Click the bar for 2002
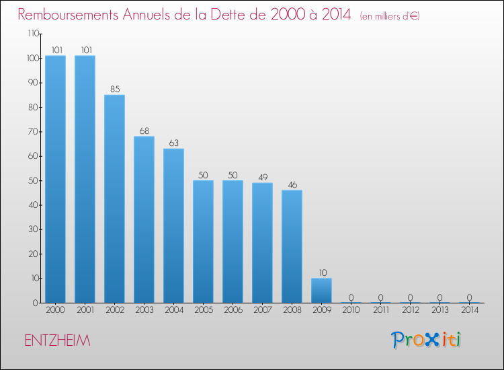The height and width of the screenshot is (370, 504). tap(114, 198)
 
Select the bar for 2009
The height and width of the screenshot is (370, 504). tap(321, 291)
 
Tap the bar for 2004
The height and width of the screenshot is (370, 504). tap(173, 225)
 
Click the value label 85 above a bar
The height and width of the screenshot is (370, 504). tap(114, 88)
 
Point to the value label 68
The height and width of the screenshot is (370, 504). tap(144, 130)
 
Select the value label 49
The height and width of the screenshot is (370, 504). tap(262, 176)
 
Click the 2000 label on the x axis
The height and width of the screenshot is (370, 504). tap(55, 311)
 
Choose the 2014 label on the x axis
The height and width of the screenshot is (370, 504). tap(469, 311)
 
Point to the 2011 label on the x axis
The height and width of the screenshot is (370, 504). tap(380, 311)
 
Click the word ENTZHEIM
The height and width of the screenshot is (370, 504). tap(56, 341)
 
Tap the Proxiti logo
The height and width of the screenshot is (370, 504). tap(427, 340)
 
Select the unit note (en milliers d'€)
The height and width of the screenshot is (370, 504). tap(390, 16)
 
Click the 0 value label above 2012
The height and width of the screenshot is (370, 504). tap(410, 297)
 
